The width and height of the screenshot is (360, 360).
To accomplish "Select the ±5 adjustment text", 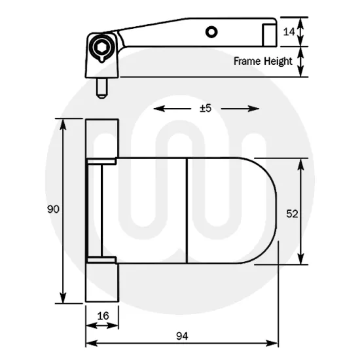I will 206,109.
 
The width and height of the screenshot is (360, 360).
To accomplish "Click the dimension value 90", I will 53,209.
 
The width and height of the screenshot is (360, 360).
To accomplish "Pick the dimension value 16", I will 102,315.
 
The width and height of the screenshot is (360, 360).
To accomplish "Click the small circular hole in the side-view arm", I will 210,31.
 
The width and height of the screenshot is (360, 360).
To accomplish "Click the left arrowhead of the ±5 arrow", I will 158,109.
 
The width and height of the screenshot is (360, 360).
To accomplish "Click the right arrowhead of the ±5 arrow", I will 255,109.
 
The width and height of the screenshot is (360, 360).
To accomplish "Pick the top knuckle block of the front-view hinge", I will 102,139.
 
